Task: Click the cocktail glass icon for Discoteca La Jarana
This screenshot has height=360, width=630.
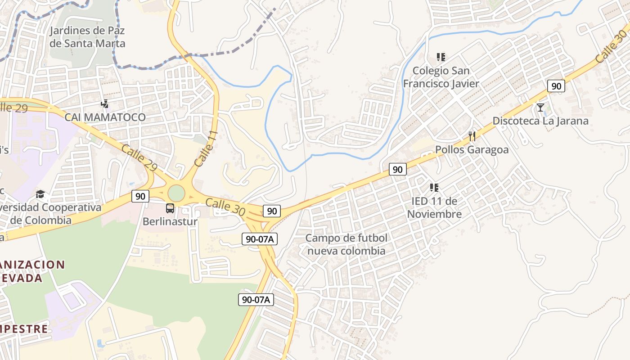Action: [540, 108]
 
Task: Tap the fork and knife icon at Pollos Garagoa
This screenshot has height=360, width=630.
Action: [472, 136]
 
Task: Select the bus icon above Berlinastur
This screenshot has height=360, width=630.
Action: [170, 208]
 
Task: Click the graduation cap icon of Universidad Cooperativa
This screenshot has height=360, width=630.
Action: [41, 194]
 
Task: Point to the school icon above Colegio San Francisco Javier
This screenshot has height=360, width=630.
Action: [441, 57]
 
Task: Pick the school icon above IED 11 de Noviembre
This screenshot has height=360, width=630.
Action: [434, 187]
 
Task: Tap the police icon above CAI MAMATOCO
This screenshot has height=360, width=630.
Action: [105, 104]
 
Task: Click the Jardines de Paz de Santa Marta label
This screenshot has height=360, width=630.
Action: [87, 37]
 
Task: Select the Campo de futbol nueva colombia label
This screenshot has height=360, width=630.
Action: [346, 244]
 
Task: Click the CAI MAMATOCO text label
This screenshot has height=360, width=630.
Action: [105, 117]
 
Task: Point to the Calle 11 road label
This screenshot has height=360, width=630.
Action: [207, 149]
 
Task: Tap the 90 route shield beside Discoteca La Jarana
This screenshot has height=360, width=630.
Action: [556, 86]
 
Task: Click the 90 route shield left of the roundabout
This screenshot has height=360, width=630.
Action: [140, 196]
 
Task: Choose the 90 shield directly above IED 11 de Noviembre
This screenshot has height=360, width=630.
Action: [397, 169]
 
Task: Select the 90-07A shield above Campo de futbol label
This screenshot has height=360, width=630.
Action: [259, 239]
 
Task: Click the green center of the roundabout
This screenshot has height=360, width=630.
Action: [176, 193]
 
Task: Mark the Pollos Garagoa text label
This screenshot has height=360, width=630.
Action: [472, 149]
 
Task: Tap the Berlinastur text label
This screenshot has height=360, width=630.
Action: [170, 221]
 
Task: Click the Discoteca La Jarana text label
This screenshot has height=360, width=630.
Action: [540, 121]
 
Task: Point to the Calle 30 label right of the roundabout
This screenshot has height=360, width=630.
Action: [225, 207]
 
